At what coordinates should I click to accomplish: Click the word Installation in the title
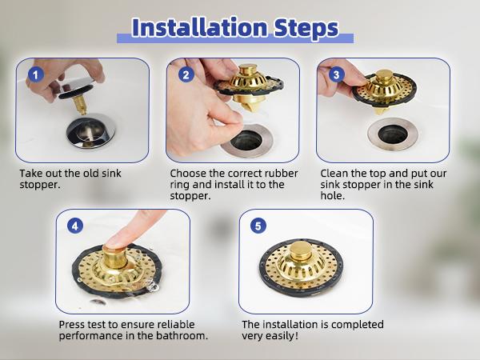tap(197, 26)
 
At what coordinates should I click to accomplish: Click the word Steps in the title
tap(305, 26)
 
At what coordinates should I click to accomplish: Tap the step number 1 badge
tap(34, 74)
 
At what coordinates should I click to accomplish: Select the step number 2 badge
tap(186, 74)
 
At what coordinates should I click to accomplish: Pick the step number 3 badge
tap(336, 74)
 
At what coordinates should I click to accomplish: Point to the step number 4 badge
tap(74, 226)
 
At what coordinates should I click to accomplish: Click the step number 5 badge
tap(258, 226)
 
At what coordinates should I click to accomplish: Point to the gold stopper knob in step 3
tap(386, 78)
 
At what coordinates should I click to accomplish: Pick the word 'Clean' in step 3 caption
tap(334, 173)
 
